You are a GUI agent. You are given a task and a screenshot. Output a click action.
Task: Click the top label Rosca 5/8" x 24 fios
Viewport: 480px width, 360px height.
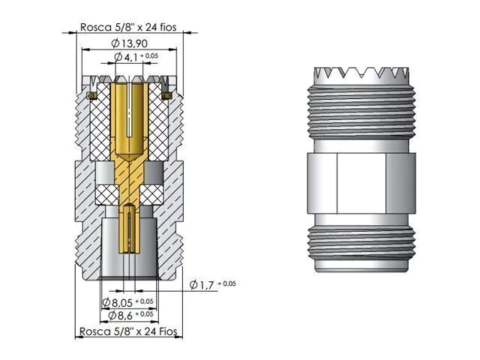click(128, 27)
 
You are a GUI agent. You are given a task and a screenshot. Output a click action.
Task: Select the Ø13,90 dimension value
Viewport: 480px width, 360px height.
click(129, 43)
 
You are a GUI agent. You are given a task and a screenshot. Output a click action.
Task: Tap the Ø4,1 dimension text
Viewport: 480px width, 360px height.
click(126, 57)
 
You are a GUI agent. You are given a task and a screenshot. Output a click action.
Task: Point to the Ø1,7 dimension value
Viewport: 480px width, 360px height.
click(202, 285)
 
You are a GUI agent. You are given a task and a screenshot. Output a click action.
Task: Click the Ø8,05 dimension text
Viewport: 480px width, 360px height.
click(117, 303)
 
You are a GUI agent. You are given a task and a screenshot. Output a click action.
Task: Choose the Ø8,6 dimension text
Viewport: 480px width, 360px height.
click(120, 315)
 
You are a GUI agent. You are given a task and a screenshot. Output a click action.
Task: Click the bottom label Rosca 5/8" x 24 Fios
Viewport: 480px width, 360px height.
click(128, 331)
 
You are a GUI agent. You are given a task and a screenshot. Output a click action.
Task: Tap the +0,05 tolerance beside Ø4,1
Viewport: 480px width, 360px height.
click(149, 55)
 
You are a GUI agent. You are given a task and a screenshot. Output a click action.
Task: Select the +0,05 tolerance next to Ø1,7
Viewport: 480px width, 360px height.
click(226, 283)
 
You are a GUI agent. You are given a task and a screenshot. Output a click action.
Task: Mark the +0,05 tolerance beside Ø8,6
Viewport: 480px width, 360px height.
click(144, 313)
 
